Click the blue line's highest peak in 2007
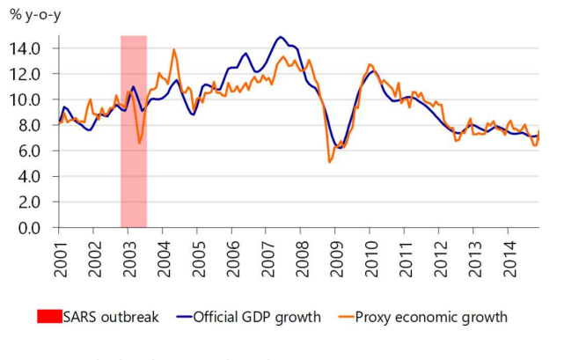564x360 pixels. click(x=281, y=37)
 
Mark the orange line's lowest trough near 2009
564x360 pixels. click(x=330, y=162)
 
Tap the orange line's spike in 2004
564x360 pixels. click(x=173, y=49)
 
